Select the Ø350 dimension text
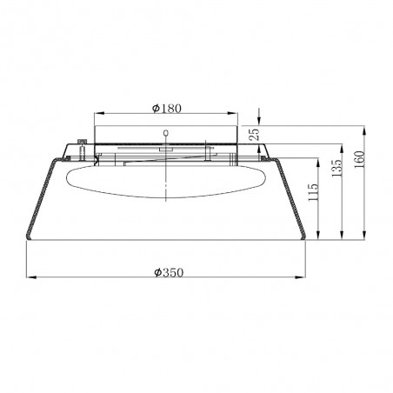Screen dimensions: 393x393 click(x=166, y=272)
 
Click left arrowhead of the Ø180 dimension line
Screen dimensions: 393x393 click(x=97, y=115)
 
